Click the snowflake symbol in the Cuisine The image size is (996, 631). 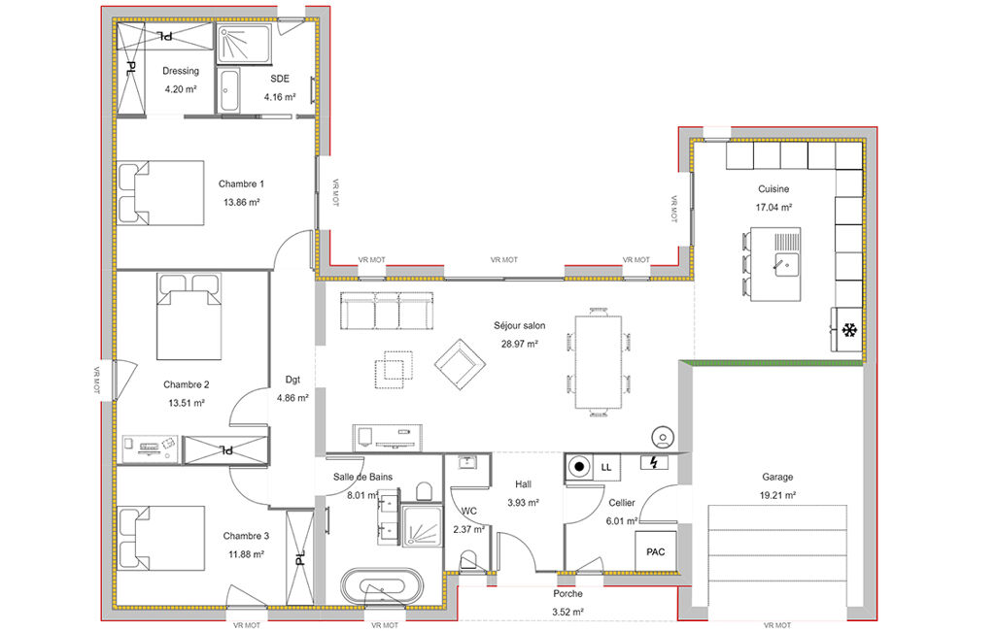pos(848,330)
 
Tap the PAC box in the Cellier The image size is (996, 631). pos(656,551)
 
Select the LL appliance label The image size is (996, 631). pos(606,467)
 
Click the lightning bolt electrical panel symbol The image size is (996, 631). pos(654,462)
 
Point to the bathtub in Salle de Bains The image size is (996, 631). pos(382,585)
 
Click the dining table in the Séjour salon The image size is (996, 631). pos(598,362)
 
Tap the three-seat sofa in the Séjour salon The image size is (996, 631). pos(387,311)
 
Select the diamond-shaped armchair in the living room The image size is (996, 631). pos(460,364)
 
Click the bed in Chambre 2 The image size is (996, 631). pos(189,316)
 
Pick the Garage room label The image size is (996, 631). pos(777,477)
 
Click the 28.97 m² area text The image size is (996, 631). pos(520,344)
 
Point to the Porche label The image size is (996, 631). pos(567,593)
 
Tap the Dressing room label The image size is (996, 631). pos(181,71)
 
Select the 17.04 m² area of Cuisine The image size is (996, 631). pos(773,207)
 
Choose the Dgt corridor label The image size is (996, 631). pos(292,380)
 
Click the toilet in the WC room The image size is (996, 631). pos(468,560)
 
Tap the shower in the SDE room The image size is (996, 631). pos(245,44)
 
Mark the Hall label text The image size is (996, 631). pos(524,484)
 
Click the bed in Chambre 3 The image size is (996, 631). pos(161,538)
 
